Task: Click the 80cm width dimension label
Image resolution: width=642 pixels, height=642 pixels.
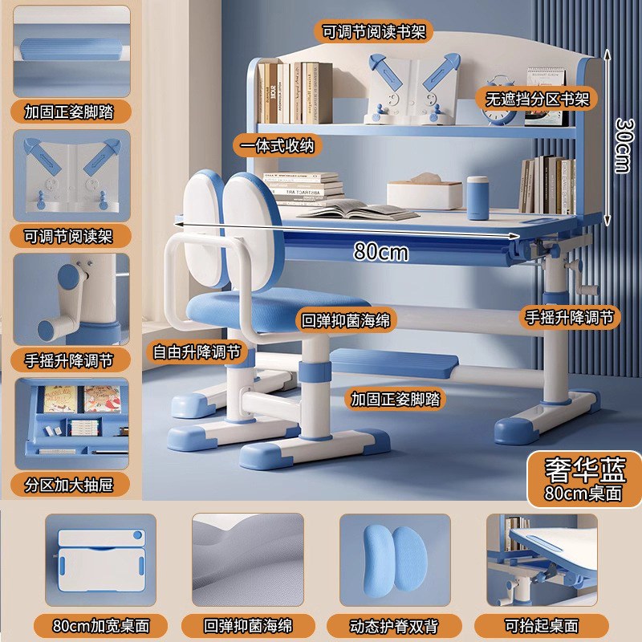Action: [380, 252]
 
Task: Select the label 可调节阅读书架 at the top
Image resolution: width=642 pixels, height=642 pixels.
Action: [373, 32]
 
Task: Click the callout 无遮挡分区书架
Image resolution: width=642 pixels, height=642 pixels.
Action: [538, 99]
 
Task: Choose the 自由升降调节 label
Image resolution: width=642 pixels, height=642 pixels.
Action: [197, 351]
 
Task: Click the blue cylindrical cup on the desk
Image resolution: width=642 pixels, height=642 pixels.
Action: [478, 197]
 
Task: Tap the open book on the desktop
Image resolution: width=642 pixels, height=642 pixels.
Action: [357, 210]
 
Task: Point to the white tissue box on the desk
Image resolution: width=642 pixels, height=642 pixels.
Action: [425, 194]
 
